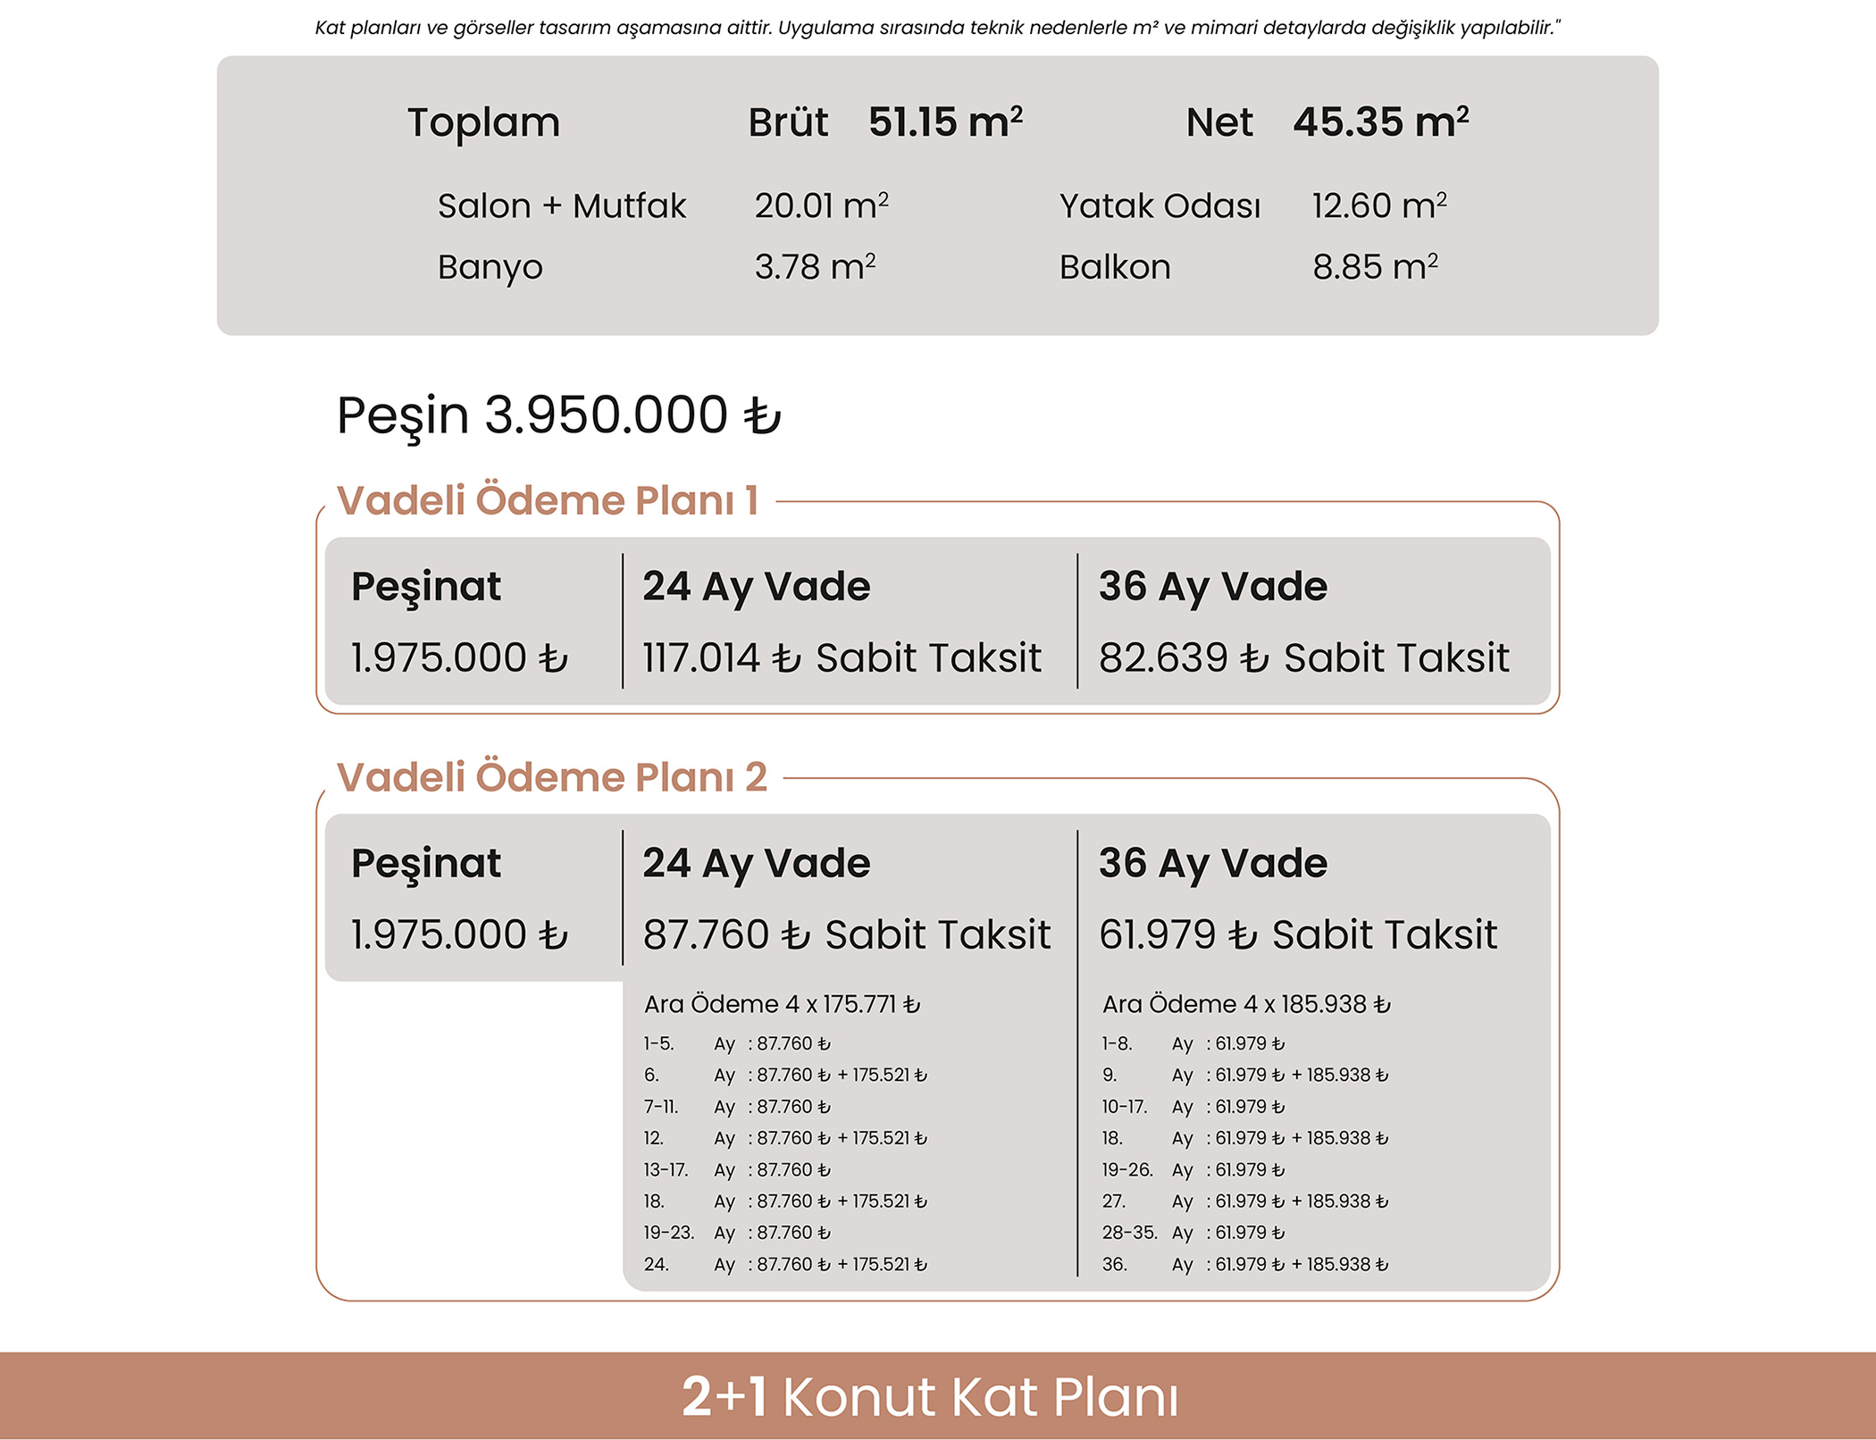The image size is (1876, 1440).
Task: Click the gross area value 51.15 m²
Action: pyautogui.click(x=945, y=122)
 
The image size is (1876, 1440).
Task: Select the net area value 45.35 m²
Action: pyautogui.click(x=1380, y=122)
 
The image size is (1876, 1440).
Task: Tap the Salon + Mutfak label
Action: pyautogui.click(x=561, y=206)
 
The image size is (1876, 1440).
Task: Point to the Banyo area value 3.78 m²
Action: pyautogui.click(x=815, y=267)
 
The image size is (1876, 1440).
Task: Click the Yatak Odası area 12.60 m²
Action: pyautogui.click(x=1378, y=206)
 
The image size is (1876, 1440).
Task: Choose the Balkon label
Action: pyautogui.click(x=1114, y=267)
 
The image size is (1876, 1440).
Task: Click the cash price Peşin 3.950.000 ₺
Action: pyautogui.click(x=558, y=415)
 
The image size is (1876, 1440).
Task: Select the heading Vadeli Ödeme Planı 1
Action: pyautogui.click(x=547, y=500)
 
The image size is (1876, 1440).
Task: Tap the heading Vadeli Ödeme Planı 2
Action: pyautogui.click(x=551, y=777)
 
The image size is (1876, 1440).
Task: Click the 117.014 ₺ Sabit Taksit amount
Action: pyautogui.click(x=842, y=658)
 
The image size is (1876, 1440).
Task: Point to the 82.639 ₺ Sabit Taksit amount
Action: pyautogui.click(x=1303, y=658)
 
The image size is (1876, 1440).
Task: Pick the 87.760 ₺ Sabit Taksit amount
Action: pyautogui.click(x=846, y=935)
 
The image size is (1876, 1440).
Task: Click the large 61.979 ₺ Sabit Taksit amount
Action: pyautogui.click(x=1297, y=935)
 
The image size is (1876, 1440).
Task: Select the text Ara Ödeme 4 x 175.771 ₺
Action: pyautogui.click(x=782, y=1005)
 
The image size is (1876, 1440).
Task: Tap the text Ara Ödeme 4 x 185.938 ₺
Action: pyautogui.click(x=1246, y=1005)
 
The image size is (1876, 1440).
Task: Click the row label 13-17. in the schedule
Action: pyautogui.click(x=666, y=1170)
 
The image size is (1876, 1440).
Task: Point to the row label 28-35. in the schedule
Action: pyautogui.click(x=1129, y=1234)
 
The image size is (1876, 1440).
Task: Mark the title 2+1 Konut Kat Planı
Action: pyautogui.click(x=929, y=1397)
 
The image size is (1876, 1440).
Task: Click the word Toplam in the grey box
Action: pyautogui.click(x=483, y=122)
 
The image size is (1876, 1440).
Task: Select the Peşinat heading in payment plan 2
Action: pyautogui.click(x=425, y=863)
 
